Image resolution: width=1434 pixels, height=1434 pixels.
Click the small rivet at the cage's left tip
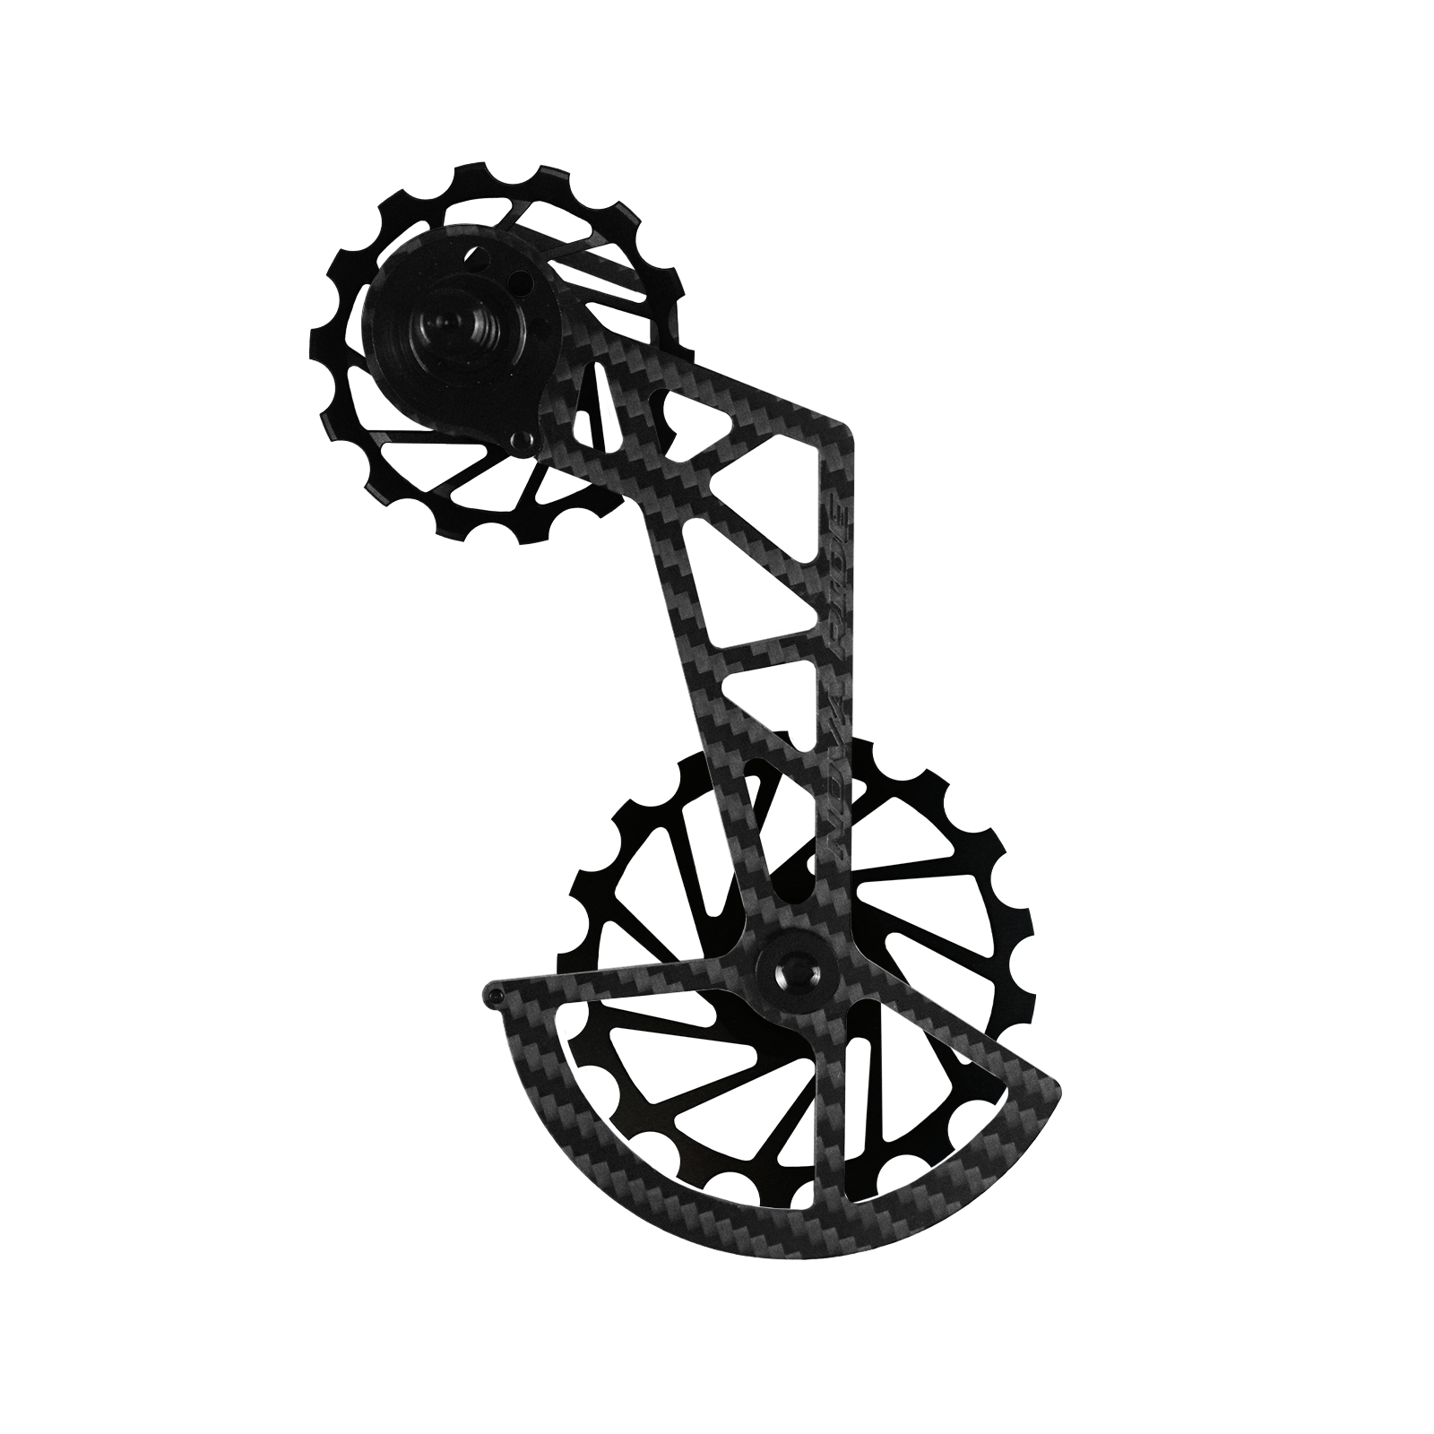click(x=496, y=993)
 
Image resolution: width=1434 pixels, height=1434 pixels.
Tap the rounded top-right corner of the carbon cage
click(x=839, y=439)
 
